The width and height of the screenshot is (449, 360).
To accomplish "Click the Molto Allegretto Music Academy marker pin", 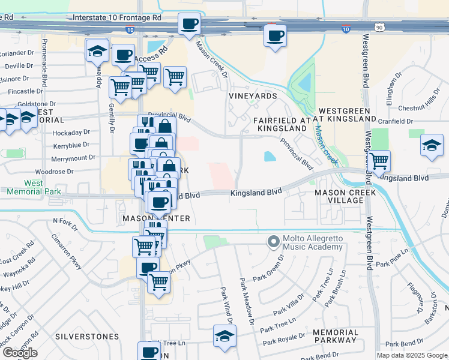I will pyautogui.click(x=274, y=242).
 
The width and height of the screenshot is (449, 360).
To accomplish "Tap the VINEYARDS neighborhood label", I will pyautogui.click(x=253, y=96).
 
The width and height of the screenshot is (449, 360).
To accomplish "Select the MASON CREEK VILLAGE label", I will pyautogui.click(x=346, y=197).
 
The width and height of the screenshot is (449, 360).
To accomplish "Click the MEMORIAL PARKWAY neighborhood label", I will pyautogui.click(x=336, y=337).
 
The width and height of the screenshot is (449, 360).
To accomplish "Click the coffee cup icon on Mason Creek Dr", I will pyautogui.click(x=190, y=25).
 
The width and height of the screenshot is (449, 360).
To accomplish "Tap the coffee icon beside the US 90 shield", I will pyautogui.click(x=275, y=36).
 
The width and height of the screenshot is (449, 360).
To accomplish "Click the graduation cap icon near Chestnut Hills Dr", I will pyautogui.click(x=431, y=146).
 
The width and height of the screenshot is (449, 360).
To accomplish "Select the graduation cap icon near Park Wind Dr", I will pyautogui.click(x=224, y=336).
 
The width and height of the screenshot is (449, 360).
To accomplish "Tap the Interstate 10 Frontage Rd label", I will pyautogui.click(x=117, y=18).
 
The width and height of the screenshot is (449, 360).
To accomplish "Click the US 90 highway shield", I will pyautogui.click(x=378, y=28).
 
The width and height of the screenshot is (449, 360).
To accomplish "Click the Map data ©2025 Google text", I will pyautogui.click(x=412, y=355).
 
